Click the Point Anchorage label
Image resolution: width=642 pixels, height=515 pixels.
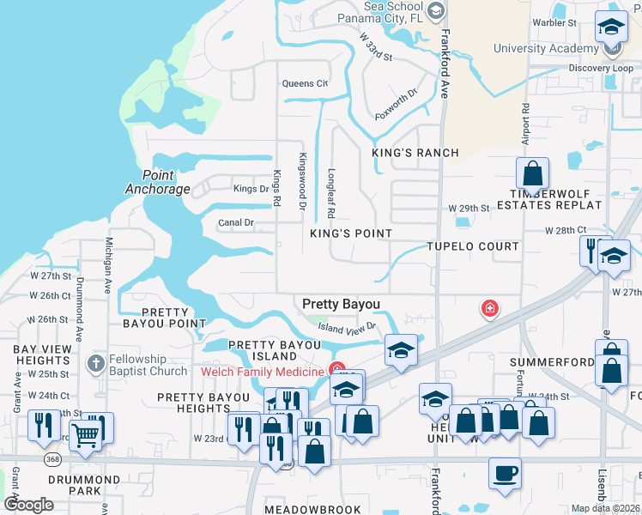[157, 182]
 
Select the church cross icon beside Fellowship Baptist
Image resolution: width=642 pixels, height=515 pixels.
[95, 363]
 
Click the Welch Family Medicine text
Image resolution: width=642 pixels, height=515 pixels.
[263, 371]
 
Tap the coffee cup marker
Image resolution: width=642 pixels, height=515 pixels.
[505, 472]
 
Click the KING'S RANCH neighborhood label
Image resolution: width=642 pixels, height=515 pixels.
[415, 153]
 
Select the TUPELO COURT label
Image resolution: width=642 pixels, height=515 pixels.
[473, 246]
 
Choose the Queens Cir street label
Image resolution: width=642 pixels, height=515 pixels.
[305, 83]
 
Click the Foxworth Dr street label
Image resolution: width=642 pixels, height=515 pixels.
[396, 105]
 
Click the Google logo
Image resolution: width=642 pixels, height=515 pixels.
[29, 504]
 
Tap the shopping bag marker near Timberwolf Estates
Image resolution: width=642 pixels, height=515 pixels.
[533, 173]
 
